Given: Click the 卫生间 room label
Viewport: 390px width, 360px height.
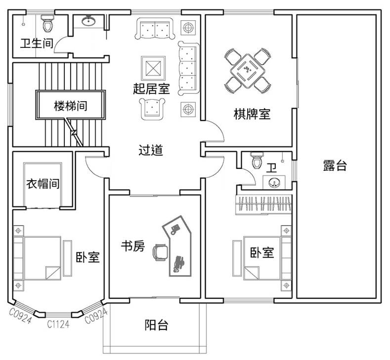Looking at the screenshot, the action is coord(37,43).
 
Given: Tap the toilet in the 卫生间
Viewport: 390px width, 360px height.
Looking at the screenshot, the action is coord(47,23).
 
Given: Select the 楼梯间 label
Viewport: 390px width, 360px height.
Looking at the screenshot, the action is coord(70,106).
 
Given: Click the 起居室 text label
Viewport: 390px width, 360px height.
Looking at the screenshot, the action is coord(151,89).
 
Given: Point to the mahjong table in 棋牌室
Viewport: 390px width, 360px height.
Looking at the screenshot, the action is coord(248,71).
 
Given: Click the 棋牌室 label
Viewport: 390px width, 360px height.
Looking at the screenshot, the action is coord(252,114).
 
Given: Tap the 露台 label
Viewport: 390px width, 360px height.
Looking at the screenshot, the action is coord(335,165).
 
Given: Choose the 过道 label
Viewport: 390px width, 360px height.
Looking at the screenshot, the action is coord(151,150).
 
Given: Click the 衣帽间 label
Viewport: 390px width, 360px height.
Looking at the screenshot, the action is coord(43,184).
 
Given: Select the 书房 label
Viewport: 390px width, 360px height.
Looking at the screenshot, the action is coord(133,246).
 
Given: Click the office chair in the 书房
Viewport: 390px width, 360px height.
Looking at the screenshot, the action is coord(161,252).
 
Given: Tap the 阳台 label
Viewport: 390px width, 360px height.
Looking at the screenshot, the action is coord(157,325).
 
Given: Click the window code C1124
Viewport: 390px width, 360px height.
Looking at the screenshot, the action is coord(58,324).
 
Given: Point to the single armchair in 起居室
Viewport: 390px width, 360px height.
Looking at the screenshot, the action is coord(152,109).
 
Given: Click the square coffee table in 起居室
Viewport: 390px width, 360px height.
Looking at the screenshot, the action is coord(153,68).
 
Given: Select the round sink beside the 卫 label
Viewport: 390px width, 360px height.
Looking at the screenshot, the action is coord(274,183).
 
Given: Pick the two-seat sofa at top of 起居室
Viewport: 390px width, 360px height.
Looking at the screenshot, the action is coord(155,29).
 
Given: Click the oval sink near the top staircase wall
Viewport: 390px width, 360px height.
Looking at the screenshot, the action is coord(88,21).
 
